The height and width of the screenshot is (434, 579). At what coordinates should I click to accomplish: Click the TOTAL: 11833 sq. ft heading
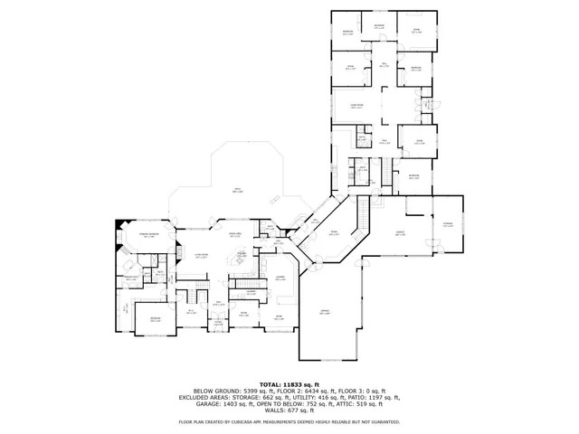click(289, 384)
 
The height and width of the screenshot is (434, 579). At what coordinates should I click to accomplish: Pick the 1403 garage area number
click(224, 403)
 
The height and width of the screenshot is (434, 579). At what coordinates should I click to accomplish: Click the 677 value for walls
click(291, 410)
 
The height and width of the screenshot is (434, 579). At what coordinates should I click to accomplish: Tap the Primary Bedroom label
click(149, 234)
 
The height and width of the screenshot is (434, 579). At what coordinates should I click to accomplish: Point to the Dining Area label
click(235, 234)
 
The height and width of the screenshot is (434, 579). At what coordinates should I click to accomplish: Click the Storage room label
click(447, 225)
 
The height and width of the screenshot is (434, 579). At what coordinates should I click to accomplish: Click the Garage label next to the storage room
click(400, 234)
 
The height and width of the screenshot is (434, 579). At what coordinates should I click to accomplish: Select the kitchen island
click(241, 262)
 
